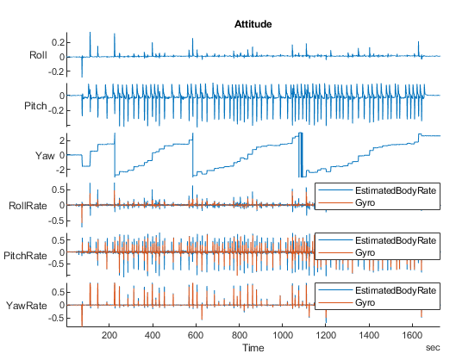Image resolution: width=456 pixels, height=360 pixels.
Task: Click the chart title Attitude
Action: click(x=253, y=24)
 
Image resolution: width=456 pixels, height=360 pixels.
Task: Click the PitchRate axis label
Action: click(x=26, y=255)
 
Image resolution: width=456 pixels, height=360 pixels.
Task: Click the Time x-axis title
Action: click(x=253, y=348)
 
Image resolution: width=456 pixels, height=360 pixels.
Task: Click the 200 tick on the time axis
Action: click(x=109, y=335)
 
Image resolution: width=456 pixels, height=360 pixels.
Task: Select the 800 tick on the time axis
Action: click(x=239, y=335)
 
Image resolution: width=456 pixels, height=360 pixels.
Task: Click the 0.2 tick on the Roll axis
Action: click(x=59, y=42)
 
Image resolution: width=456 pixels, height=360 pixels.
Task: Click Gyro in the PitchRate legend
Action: click(x=366, y=251)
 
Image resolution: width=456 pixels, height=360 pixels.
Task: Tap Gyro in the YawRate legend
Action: click(x=366, y=301)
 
